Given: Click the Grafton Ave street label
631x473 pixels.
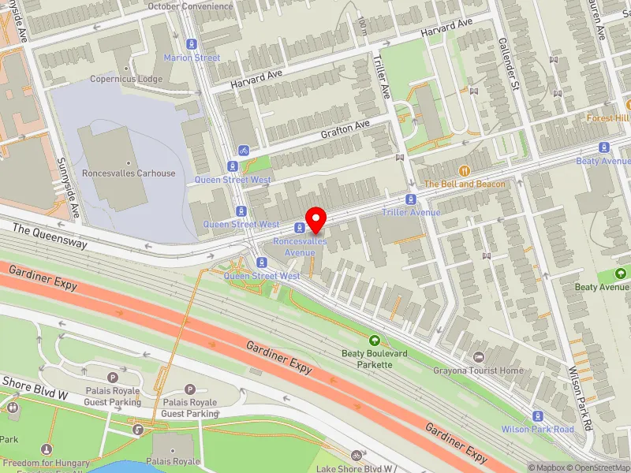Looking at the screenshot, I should pos(345,129).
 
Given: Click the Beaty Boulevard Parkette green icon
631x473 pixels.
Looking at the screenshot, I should pos(375,341).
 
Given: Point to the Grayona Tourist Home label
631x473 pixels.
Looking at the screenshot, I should pos(478,370).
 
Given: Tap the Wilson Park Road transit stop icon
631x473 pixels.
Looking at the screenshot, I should pos(538,416).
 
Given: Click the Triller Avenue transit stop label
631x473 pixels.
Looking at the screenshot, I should pos(411,212).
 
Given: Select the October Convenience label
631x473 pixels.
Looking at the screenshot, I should pos(191,6).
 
